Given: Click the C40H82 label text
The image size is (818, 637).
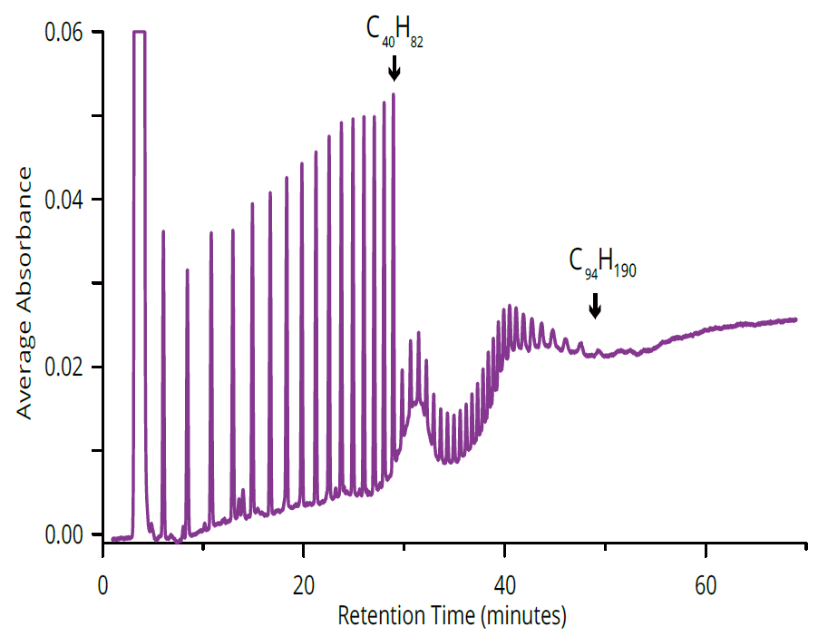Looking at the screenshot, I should [394, 30].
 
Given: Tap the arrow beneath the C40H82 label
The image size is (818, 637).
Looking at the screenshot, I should [394, 69].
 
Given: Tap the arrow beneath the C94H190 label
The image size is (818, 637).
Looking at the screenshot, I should [595, 305].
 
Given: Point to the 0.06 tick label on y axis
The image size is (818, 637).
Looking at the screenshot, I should [64, 33].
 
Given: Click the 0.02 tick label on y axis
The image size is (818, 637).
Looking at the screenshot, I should [64, 367].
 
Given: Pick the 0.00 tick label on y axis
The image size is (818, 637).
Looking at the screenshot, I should [64, 534].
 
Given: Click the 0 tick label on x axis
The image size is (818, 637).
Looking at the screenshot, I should [103, 585].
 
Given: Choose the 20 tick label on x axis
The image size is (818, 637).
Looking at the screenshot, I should [304, 585].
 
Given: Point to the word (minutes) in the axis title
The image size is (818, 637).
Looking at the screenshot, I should [524, 615].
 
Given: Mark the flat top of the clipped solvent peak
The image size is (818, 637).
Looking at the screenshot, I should [140, 32].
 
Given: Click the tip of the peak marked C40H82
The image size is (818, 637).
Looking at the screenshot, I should [394, 94].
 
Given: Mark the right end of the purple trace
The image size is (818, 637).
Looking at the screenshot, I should [796, 319].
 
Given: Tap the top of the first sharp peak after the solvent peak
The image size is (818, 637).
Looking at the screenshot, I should [163, 231].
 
